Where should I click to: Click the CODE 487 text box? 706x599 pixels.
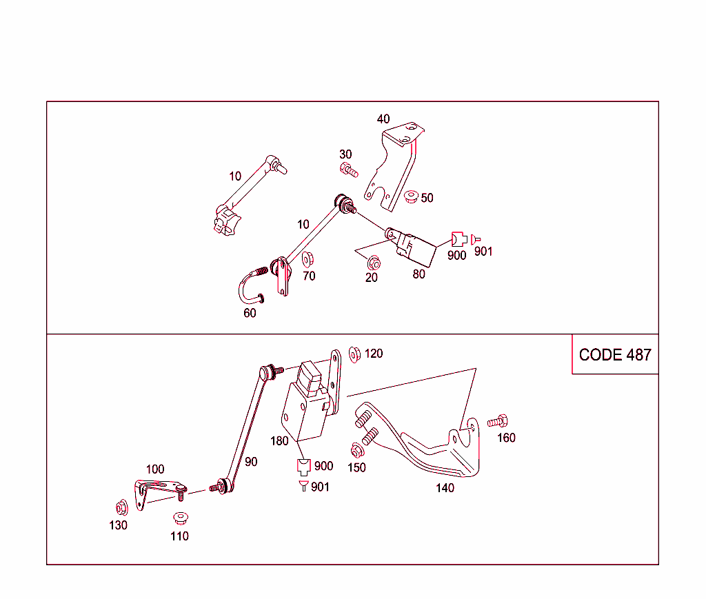click(615, 354)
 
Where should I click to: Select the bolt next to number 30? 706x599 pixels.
click(349, 169)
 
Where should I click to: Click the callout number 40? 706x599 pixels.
click(383, 119)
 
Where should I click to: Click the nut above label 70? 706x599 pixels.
click(308, 260)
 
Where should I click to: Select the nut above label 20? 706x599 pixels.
click(374, 263)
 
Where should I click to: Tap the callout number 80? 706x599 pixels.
click(418, 274)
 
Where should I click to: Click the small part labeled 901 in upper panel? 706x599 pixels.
click(476, 238)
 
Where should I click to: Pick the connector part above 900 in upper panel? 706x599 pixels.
click(458, 239)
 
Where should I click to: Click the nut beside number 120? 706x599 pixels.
click(355, 353)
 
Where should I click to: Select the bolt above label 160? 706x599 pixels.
click(498, 421)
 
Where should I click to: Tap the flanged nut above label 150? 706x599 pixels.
click(357, 451)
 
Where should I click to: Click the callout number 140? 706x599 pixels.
click(445, 488)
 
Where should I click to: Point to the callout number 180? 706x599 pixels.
click(279, 441)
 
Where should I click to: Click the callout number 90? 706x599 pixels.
click(251, 461)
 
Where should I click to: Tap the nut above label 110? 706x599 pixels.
click(181, 517)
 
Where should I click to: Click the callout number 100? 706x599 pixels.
click(155, 469)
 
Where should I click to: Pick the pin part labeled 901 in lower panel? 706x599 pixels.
click(303, 486)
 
